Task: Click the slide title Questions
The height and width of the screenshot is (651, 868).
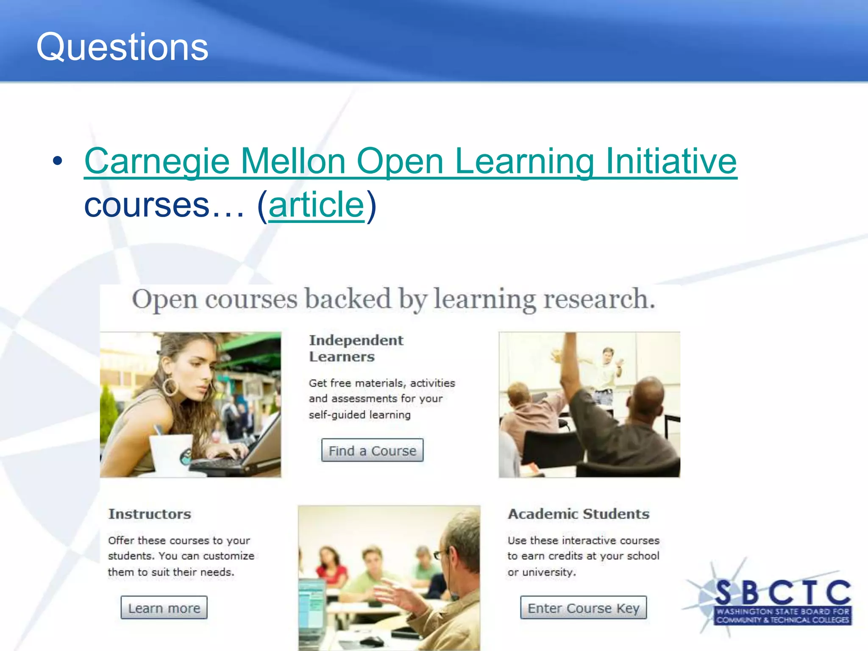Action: pos(122,47)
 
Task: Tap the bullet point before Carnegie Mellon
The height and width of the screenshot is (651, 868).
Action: pos(58,161)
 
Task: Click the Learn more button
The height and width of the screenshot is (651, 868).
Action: pos(164,608)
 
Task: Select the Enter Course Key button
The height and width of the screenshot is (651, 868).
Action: pos(583,608)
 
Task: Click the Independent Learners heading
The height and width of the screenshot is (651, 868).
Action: pos(356,348)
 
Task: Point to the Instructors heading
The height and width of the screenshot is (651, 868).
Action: pos(150,514)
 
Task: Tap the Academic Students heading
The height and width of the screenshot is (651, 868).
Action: pos(579,514)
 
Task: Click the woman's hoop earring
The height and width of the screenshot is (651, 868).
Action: pos(170,386)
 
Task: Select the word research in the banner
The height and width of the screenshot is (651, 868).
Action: pos(599,299)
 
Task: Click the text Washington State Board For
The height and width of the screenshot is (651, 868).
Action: pos(783,612)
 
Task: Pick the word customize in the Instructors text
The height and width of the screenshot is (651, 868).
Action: pos(228,556)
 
